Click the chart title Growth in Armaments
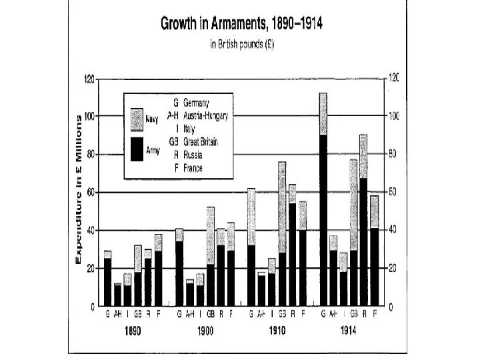239,25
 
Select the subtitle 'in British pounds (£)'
239,46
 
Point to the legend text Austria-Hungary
207,115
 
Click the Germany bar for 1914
323,200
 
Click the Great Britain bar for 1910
282,233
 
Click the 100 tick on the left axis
89,117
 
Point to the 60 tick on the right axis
391,193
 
